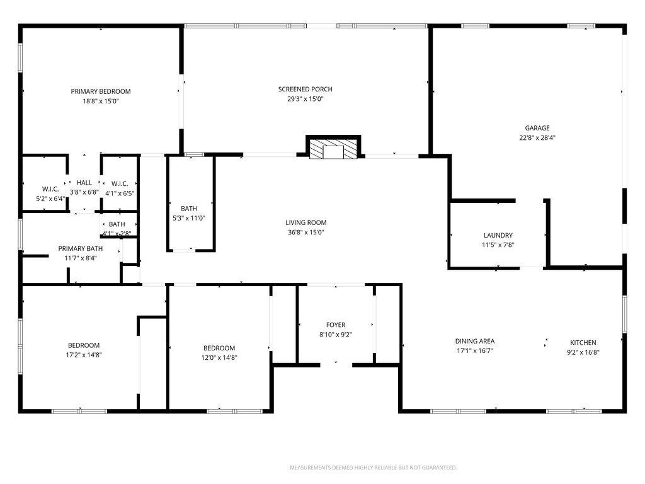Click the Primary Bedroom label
(101, 91)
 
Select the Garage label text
(537, 128)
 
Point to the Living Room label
(306, 222)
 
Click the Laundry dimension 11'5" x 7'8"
(498, 245)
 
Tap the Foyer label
(335, 325)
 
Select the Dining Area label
(475, 341)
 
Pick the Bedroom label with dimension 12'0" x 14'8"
(219, 348)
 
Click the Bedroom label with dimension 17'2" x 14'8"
(84, 345)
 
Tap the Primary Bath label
(77, 248)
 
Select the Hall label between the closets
(84, 183)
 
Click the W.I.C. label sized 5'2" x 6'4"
(50, 189)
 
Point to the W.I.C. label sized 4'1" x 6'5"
(120, 184)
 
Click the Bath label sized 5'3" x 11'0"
(189, 209)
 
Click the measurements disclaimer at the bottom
(373, 468)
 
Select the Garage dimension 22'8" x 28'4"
(537, 137)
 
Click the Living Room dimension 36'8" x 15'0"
(306, 232)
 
